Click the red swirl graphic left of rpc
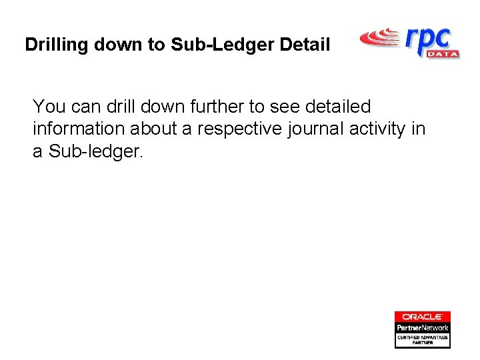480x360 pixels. (x=380, y=38)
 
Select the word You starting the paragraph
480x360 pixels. (x=47, y=107)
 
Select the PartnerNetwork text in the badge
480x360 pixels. (x=422, y=327)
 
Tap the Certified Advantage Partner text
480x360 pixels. (x=422, y=339)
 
